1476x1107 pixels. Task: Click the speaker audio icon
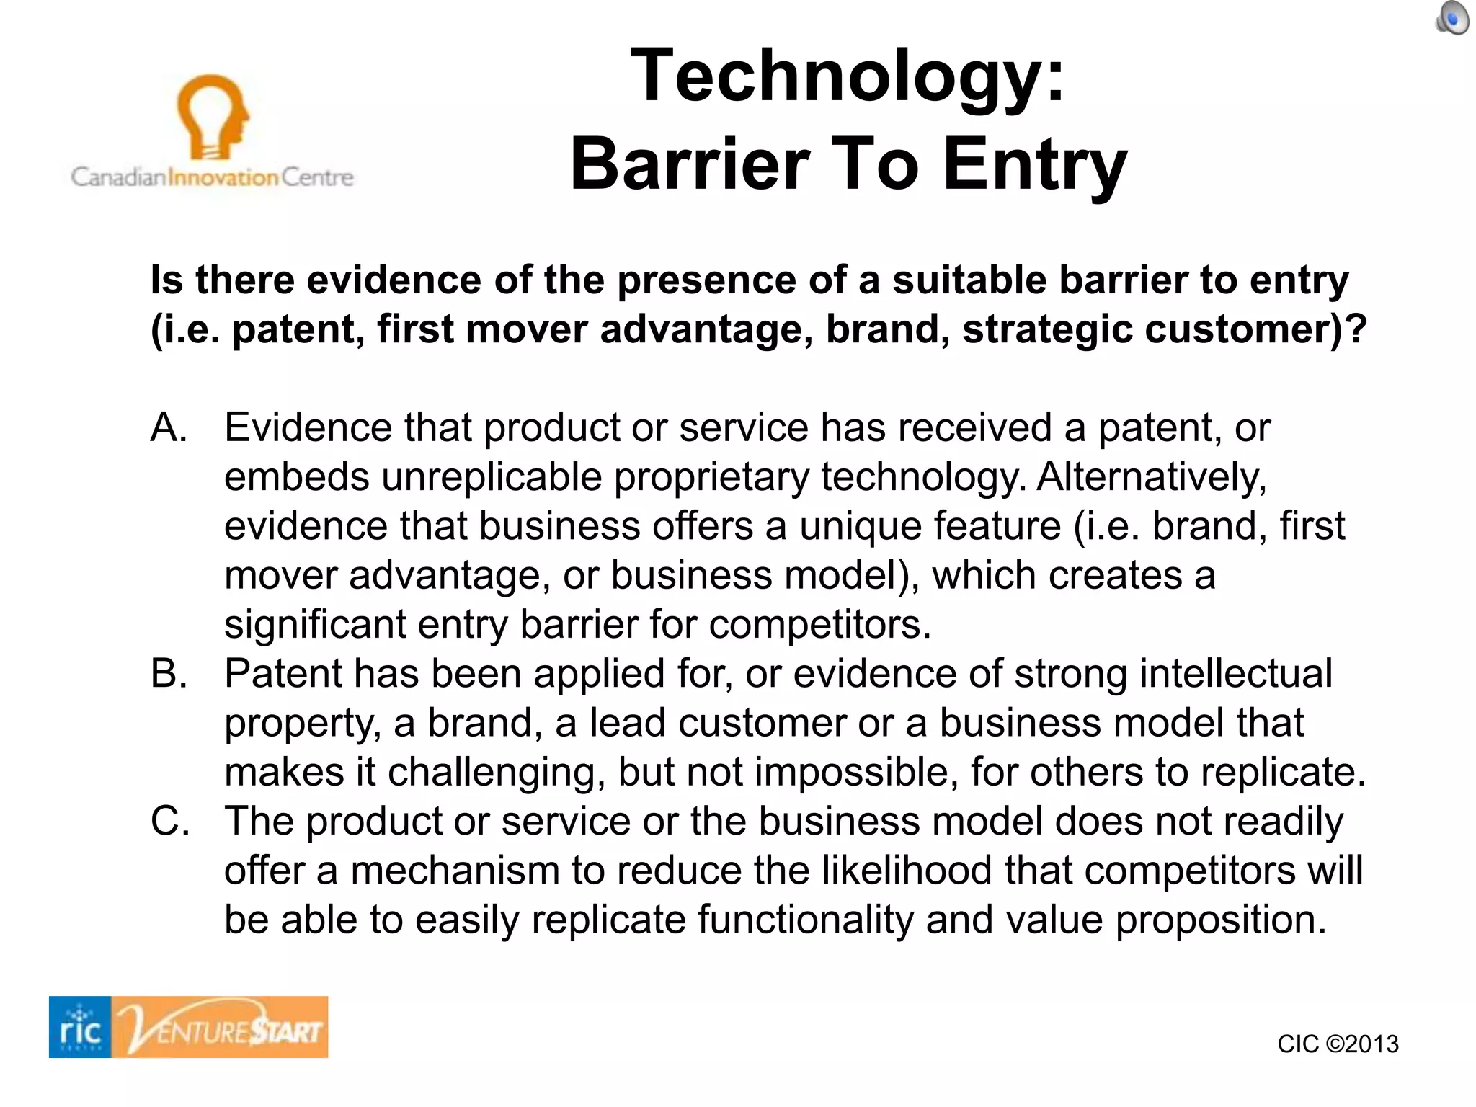point(1452,18)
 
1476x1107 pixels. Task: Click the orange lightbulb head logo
point(212,116)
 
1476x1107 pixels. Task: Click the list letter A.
point(169,427)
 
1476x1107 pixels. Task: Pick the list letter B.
point(169,673)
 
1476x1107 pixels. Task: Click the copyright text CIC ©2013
point(1338,1044)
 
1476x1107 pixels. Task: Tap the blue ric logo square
point(80,1027)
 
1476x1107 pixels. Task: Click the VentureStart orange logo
point(221,1027)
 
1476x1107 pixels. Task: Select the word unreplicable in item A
point(492,477)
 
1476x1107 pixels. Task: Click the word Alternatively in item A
point(1151,477)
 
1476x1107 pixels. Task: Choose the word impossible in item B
point(855,772)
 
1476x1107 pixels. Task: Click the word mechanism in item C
point(454,871)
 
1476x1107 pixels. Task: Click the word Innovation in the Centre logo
point(223,177)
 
